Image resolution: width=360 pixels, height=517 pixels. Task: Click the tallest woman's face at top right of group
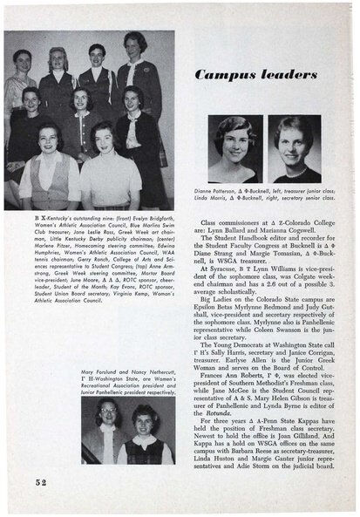135,44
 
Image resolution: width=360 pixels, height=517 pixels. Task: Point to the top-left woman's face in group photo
23,61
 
